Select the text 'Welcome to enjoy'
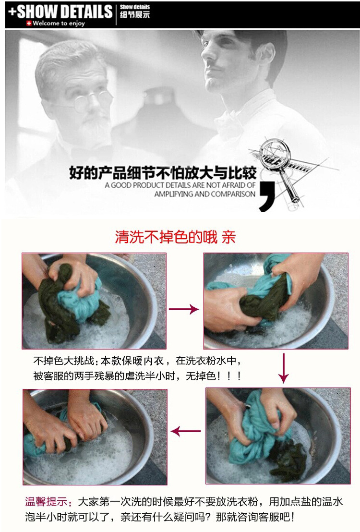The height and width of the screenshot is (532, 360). click(59, 24)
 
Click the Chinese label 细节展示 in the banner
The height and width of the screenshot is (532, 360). click(134, 14)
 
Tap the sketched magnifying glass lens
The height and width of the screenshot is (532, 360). click(275, 152)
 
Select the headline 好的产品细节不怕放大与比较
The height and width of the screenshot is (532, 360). click(163, 173)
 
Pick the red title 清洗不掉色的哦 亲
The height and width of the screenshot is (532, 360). click(175, 237)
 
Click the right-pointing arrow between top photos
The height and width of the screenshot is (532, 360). click(184, 309)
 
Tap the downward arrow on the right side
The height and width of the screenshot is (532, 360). click(283, 368)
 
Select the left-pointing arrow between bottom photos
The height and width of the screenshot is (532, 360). click(186, 431)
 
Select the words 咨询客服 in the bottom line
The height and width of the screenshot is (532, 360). click(260, 517)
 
